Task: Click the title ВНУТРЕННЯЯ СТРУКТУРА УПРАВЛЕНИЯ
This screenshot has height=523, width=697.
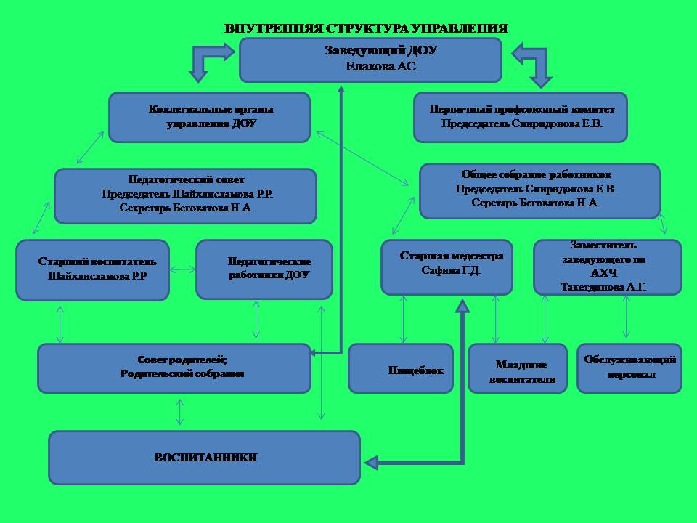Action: (366, 29)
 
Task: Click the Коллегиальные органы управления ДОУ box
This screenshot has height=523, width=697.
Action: (209, 117)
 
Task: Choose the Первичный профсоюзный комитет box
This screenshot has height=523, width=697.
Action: (520, 117)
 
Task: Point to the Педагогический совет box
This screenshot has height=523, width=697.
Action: (186, 195)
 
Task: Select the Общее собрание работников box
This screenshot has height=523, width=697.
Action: (539, 190)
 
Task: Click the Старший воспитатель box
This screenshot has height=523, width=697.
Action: (92, 269)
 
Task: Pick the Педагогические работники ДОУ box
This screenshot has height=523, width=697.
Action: (264, 269)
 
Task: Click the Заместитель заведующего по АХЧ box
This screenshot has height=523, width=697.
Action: (608, 267)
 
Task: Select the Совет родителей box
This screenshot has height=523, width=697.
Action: (174, 368)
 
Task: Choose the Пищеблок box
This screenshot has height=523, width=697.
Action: (401, 368)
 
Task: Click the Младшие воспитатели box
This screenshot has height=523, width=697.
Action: (518, 368)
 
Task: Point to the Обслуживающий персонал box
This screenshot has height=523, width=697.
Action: (630, 368)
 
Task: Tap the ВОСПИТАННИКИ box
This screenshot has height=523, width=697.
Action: (205, 458)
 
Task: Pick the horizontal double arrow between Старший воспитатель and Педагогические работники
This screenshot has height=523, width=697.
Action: (182, 269)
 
